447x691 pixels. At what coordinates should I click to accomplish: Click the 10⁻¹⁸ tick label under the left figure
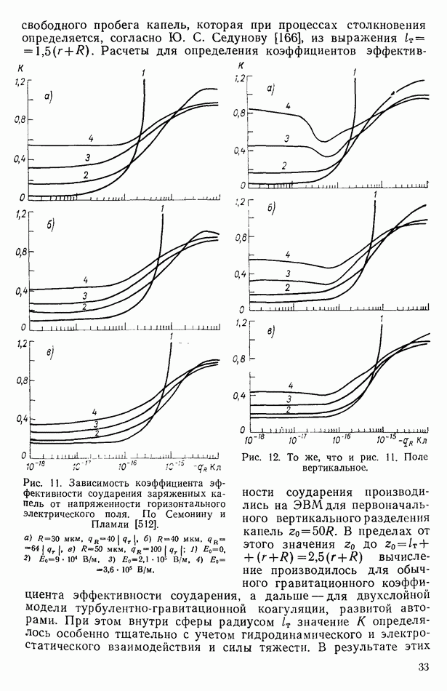34,463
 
